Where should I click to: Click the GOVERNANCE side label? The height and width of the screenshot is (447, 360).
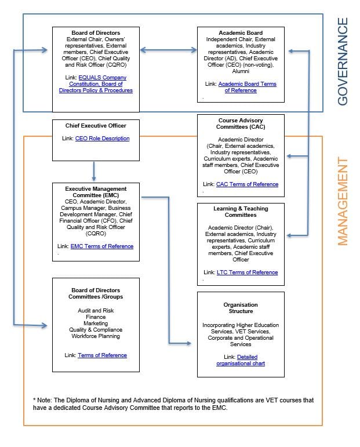point(343,61)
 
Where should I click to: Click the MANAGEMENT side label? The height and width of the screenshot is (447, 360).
point(343,201)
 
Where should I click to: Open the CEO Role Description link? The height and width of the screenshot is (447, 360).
point(102,139)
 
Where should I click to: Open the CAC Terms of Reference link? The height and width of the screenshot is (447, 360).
point(247,184)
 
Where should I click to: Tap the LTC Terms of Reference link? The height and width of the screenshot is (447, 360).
point(247,272)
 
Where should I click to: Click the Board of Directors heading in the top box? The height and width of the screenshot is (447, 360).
point(96,32)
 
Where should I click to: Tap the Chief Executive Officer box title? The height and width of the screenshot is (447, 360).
point(96,125)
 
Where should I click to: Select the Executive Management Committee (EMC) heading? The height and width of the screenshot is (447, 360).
point(96,192)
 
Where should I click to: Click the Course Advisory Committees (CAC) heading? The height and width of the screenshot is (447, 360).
point(240,123)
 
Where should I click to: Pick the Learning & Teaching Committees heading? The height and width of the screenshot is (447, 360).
point(241,211)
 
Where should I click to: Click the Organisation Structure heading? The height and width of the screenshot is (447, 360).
point(241,308)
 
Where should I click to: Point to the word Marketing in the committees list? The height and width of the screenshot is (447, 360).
point(96,324)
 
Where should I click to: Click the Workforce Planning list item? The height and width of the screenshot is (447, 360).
point(96,336)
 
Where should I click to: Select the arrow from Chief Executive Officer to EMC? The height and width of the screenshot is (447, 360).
point(93,170)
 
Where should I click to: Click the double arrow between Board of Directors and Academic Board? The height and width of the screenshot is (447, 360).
point(168,50)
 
